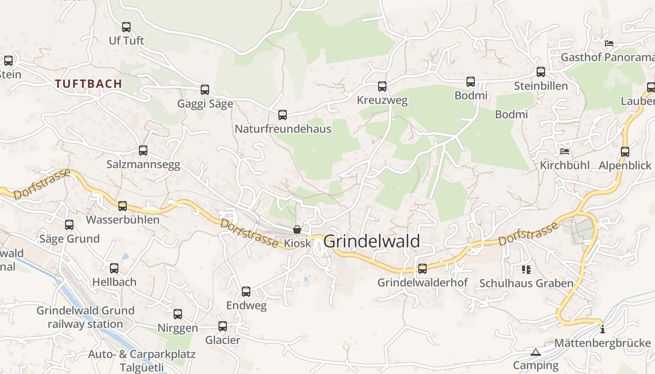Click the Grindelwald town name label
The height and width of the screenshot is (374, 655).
pos(371,241)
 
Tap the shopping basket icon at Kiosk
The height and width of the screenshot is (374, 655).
pos(297,230)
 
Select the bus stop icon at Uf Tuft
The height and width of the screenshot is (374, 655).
pos(126,27)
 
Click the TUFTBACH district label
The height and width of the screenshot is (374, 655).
pos(88,84)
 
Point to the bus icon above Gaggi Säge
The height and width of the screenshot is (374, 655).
pos(204,90)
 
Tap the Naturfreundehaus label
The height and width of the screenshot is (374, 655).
pos(283,129)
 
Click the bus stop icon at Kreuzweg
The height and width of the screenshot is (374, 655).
pos(382,86)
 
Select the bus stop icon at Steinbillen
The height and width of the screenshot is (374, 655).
pos(540,72)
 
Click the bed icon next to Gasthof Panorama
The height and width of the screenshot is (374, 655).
pos(609,43)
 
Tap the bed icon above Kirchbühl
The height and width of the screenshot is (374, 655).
pos(565,151)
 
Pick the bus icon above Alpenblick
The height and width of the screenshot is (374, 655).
pos(625,152)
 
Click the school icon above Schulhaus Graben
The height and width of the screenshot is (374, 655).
pos(526,270)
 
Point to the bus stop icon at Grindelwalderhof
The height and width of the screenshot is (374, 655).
pos(422,269)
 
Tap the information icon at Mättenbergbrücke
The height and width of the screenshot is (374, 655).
pos(602,329)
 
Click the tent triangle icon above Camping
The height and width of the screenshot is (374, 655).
pos(535,352)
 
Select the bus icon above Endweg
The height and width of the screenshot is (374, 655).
pos(246,292)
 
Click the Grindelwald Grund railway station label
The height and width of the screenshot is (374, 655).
pos(85,317)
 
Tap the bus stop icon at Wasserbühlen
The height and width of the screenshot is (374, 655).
pos(122,206)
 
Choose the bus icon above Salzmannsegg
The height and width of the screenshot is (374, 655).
pos(143,151)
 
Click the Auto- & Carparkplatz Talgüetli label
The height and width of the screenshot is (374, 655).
pos(141,360)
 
